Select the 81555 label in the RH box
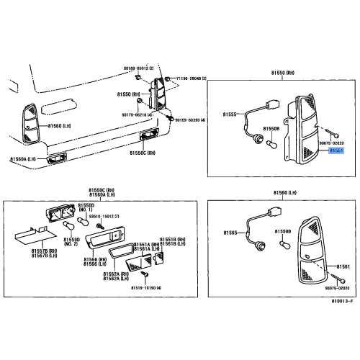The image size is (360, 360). pos(230,114)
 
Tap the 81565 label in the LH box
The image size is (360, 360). pos(230,233)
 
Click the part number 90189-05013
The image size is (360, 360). pos(139,67)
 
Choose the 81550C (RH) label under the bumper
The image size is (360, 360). pos(143,153)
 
